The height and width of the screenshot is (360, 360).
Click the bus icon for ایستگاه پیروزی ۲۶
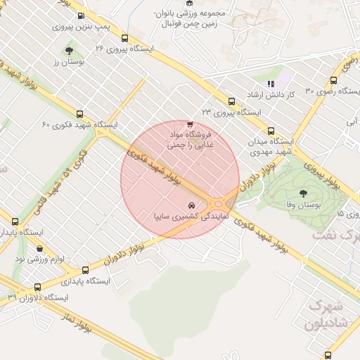[x=124, y=39]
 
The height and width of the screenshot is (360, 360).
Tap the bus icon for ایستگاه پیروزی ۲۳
[x=231, y=102]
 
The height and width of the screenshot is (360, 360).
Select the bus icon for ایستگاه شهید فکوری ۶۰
[x=79, y=114]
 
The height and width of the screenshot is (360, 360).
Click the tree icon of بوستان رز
[x=69, y=51]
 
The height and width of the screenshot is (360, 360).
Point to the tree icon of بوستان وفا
[x=303, y=193]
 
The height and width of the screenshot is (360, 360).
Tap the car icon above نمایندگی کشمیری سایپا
[x=192, y=205]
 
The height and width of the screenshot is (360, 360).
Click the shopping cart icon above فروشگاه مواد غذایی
[x=190, y=124]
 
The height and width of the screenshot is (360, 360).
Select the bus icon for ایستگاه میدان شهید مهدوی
[x=271, y=131]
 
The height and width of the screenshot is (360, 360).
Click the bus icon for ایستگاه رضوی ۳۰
[x=333, y=80]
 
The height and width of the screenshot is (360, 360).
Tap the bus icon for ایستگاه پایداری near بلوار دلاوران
[x=86, y=270]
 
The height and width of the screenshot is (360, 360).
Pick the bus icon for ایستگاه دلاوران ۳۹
[x=37, y=287]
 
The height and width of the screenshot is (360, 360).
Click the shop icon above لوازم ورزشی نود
[x=39, y=248]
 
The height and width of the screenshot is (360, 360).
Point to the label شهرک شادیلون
[x=325, y=316]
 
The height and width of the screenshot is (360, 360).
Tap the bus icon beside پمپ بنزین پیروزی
[x=80, y=15]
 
